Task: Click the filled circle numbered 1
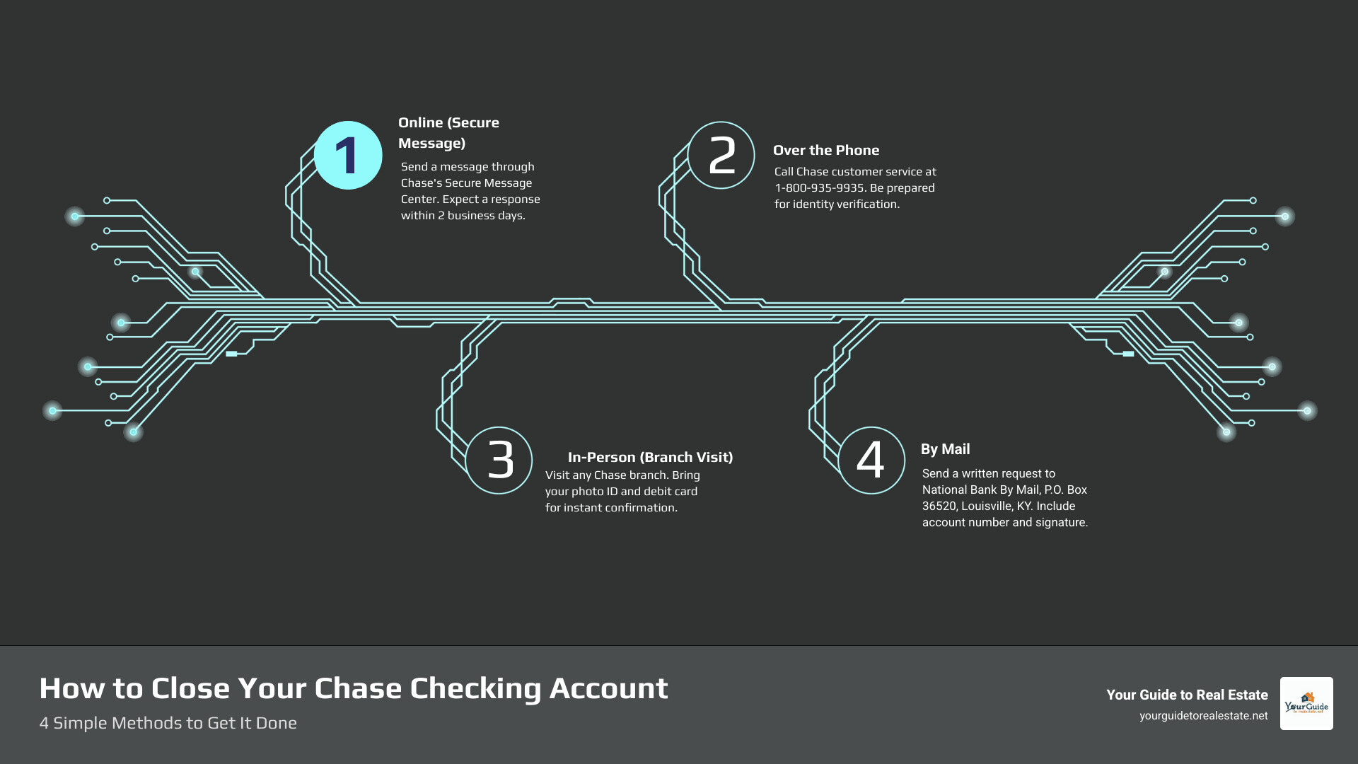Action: pos(348,156)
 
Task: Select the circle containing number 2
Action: pos(721,156)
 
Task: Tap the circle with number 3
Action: pos(499,461)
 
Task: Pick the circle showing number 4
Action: pos(871,461)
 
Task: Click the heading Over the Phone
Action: pos(826,150)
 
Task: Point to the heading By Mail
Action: pos(945,449)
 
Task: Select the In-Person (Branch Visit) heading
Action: pos(650,457)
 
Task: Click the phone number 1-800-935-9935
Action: pos(819,188)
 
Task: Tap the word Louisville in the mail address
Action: pos(986,506)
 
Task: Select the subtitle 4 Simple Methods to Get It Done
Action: pos(168,723)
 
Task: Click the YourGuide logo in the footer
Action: pos(1306,703)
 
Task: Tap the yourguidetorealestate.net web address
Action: pos(1203,716)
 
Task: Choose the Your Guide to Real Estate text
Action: pos(1187,695)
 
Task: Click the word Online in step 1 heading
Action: pos(420,122)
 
